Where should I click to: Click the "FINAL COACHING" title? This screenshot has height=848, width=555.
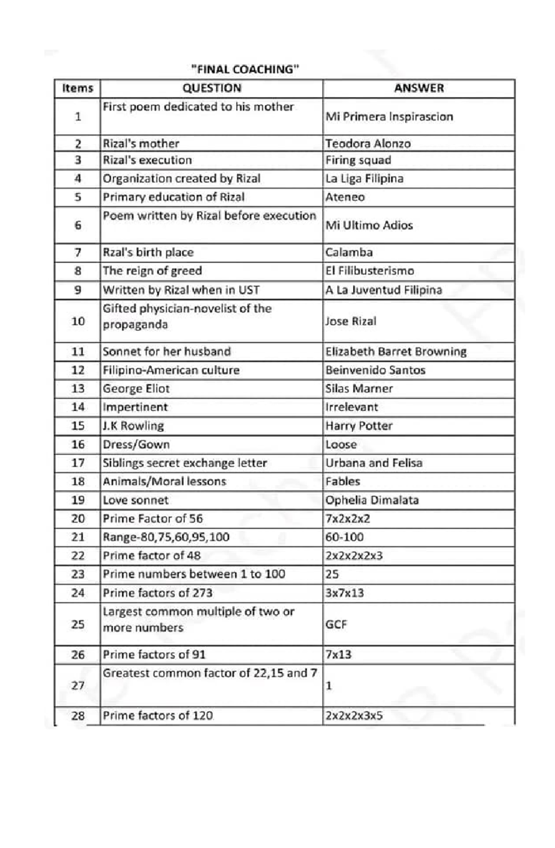246,69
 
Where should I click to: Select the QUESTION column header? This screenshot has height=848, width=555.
211,88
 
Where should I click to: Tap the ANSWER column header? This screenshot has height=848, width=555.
419,88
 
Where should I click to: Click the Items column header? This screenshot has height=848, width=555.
77,88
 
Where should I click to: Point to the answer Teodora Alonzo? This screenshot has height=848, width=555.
368,143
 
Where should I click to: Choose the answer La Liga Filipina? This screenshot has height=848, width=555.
364,178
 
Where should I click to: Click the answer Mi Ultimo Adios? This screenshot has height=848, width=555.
369,225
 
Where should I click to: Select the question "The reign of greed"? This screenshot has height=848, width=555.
152,270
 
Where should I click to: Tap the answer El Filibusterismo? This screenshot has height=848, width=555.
370,270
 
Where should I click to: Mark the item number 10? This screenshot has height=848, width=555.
78,321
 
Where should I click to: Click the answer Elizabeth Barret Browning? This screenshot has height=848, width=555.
395,351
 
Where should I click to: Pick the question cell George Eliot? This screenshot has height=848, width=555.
136,388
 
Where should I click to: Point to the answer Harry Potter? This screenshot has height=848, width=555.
358,426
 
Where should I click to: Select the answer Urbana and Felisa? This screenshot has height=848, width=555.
374,463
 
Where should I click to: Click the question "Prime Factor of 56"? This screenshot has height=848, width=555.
153,519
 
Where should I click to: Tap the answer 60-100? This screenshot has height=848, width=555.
344,537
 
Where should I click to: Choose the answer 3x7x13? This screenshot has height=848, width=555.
344,592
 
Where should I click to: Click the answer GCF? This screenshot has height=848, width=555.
336,624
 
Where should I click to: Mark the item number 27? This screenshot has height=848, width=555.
78,685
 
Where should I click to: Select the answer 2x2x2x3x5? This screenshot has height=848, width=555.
354,715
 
